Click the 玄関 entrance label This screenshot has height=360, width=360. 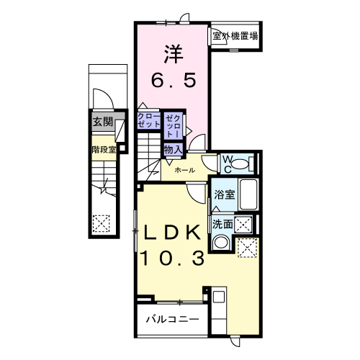pos(102,122)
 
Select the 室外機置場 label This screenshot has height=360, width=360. pos(235,35)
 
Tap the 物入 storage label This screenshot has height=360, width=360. pos(172,150)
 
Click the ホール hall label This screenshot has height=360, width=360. pos(183,170)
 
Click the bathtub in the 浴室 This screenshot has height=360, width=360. pos(248,194)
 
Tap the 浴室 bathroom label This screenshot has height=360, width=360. pos(224,194)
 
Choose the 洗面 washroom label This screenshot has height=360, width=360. pos(222,224)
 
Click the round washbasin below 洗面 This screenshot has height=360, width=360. pos(222,243)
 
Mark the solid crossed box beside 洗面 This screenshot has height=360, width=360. pos(245,223)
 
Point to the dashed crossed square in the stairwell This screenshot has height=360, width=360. pos(102,224)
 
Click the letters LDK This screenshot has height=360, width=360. pos(173,235)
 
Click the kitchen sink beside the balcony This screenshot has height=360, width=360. pos(218,297)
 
